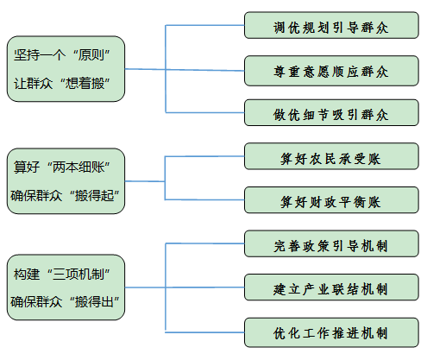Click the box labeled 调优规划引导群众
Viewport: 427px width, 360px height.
331,25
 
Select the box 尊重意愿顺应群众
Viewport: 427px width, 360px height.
331,71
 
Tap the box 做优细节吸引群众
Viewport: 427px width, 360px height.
331,112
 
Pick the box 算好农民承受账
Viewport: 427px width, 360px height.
331,156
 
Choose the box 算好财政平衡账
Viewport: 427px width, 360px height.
331,200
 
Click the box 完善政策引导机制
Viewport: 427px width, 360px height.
331,243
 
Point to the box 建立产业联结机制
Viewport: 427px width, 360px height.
331,287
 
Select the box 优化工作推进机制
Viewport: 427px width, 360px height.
331,332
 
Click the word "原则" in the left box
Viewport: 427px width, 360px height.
91,54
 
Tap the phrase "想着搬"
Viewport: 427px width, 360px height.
85,84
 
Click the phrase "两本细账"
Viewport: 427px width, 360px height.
78,167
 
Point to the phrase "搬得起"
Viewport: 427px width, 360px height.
94,196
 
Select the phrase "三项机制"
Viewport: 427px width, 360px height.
78,274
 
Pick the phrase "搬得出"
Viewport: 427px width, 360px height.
94,302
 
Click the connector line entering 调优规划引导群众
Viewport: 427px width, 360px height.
204,25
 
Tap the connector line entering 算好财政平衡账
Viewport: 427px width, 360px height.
204,199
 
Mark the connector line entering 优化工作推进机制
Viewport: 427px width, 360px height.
204,332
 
